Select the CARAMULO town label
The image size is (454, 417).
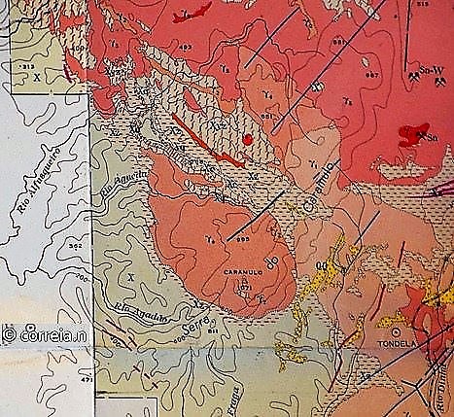pos(243,273)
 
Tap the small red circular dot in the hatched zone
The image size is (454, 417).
pos(248,140)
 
